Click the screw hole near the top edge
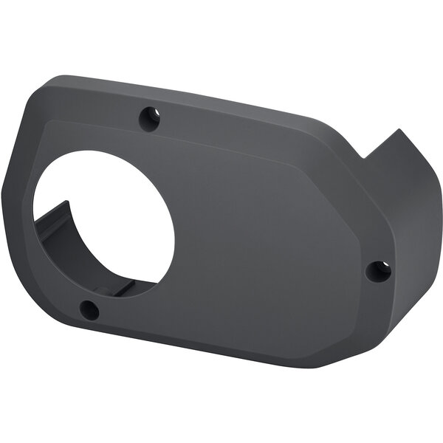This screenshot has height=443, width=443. pos(150,117)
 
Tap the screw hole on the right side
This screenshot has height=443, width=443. pos(379,271)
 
